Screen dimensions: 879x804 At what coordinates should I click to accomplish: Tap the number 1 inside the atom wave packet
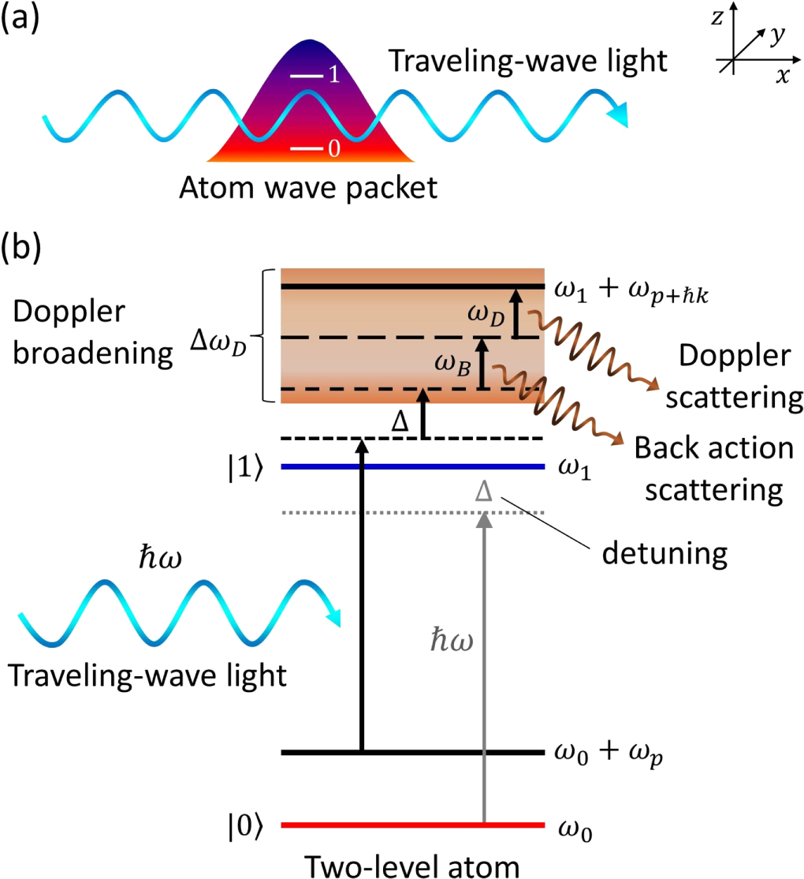(333, 76)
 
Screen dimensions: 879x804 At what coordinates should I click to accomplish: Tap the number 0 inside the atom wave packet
(333, 149)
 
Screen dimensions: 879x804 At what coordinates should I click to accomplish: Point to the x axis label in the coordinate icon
(783, 76)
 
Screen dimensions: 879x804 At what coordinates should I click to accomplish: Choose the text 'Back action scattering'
(713, 469)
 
